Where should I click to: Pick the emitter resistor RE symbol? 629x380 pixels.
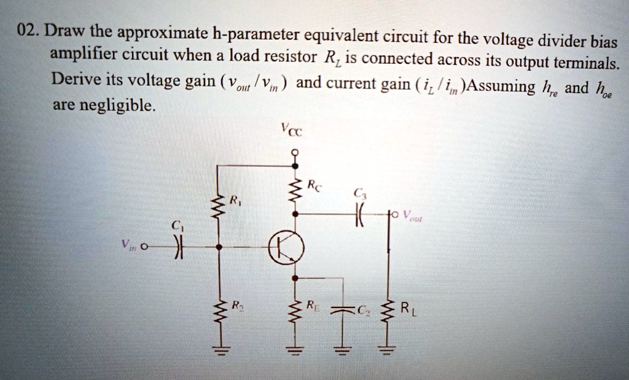pos(295,313)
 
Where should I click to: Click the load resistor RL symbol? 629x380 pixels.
pos(388,317)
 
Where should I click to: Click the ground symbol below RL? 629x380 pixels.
pos(388,351)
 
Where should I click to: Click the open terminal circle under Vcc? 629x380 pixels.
pos(295,151)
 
